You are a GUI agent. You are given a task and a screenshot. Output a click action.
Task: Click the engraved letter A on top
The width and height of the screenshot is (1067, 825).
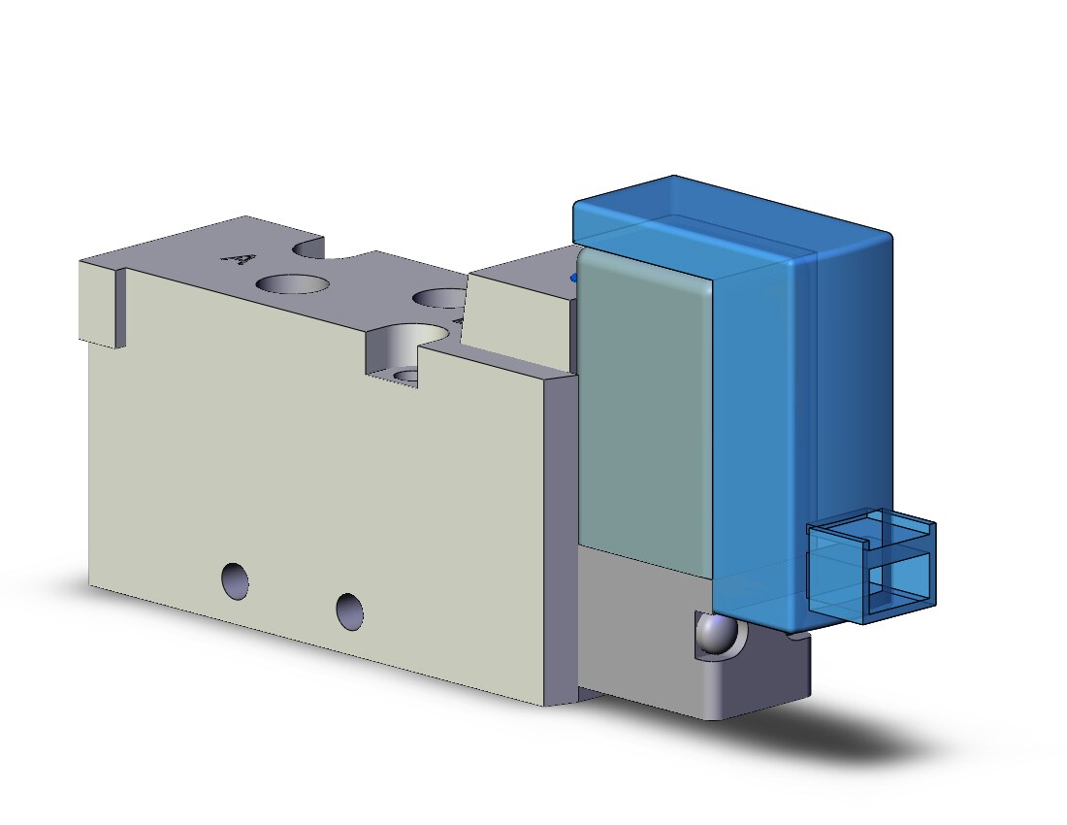[240, 259]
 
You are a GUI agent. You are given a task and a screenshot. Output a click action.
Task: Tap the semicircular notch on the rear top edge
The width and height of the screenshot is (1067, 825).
[309, 247]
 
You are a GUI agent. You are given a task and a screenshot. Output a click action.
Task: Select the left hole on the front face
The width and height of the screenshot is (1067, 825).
[235, 580]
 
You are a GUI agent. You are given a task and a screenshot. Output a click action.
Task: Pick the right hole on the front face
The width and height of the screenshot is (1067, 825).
[350, 611]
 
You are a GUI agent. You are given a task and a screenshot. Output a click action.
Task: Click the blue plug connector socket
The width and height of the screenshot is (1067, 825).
[872, 565]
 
